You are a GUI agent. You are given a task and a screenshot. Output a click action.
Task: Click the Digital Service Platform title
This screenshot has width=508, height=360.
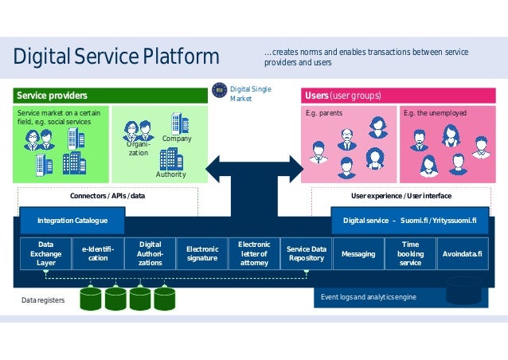(x=116, y=57)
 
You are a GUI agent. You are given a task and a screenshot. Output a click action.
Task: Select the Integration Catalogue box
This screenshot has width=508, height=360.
(x=72, y=220)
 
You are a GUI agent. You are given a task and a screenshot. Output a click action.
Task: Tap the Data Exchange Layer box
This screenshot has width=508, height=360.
(x=45, y=253)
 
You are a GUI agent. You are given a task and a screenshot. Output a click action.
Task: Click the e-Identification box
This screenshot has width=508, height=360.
(x=98, y=253)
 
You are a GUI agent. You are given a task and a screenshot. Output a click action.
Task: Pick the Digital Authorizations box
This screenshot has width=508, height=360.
(x=150, y=253)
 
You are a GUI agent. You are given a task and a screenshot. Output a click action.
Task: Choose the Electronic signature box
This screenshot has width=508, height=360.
(x=202, y=253)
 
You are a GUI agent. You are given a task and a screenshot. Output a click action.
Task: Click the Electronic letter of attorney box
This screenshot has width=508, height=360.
(x=254, y=253)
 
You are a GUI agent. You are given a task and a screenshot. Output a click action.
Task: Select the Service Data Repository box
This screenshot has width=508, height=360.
(x=307, y=253)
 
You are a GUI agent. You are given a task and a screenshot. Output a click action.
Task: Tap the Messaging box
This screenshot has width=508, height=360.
(x=358, y=253)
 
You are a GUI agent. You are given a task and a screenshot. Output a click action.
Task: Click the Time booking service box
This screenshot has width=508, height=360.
(x=410, y=253)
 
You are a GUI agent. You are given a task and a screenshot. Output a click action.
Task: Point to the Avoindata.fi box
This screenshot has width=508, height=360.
(x=463, y=253)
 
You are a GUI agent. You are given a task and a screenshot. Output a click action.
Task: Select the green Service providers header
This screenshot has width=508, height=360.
(x=111, y=96)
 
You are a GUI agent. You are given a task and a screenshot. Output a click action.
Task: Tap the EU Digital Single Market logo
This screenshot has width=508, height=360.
(x=219, y=92)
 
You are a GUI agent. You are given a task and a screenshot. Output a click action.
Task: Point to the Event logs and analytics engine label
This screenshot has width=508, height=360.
(x=368, y=297)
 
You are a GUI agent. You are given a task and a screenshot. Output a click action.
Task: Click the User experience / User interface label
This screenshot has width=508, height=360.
(x=401, y=195)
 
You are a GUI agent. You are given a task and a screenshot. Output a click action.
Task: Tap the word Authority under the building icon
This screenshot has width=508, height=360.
(x=170, y=174)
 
